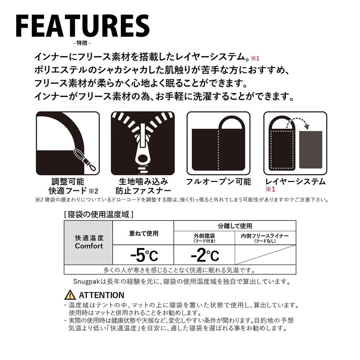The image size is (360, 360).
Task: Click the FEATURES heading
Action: coord(83,26)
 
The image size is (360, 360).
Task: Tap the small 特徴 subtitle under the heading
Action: coord(82,43)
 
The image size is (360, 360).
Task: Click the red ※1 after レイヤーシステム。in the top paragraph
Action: coord(255,59)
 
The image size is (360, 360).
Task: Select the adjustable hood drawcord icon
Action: coord(68,143)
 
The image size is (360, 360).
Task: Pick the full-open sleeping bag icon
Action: coord(219,143)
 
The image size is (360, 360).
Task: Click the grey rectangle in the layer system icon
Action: coord(311,150)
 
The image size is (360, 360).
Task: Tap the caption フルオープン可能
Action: coord(219,181)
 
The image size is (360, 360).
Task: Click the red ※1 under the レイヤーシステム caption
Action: coord(270,189)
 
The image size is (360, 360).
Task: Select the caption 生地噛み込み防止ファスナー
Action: coord(143,186)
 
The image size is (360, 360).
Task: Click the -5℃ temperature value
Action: coord(144,255)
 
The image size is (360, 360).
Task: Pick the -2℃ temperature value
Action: coord(205,255)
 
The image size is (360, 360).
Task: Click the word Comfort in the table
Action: coord(89,246)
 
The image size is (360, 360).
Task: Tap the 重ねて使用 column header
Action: coord(144,234)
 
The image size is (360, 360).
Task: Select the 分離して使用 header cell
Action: coord(235,226)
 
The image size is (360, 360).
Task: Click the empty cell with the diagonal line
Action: coord(265,255)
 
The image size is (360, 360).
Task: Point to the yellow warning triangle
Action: coord(70,296)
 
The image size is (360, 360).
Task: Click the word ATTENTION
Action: coord(102,295)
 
